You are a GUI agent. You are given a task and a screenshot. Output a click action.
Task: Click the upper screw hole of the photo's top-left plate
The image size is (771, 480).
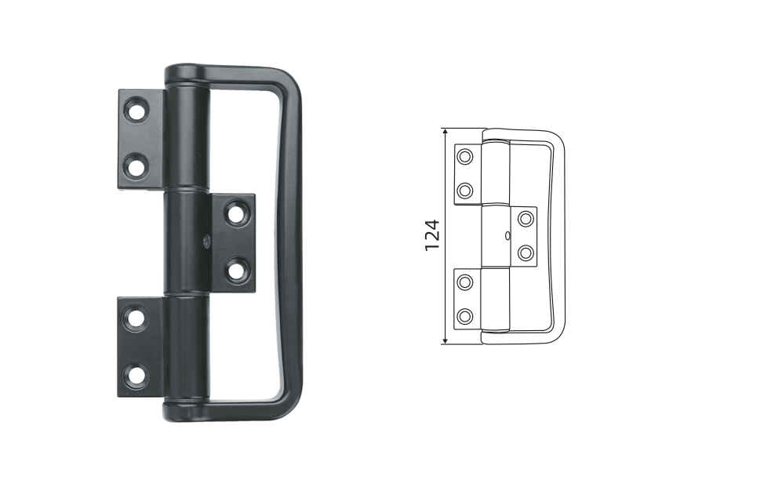click(136, 110)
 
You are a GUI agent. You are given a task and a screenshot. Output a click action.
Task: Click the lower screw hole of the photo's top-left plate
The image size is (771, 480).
click(136, 165)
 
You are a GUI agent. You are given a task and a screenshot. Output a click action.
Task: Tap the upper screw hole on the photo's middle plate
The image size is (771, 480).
click(237, 213)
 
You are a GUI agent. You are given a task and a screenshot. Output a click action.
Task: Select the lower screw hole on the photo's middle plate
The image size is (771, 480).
click(237, 269)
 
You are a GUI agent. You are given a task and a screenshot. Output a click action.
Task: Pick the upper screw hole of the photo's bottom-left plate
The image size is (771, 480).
click(136, 318)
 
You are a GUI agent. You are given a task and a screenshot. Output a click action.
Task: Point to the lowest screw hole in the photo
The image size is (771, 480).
click(136, 375)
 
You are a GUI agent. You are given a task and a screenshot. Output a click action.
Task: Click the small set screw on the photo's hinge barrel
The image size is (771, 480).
click(207, 241)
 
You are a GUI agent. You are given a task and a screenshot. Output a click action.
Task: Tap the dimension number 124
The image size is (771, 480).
click(431, 235)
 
